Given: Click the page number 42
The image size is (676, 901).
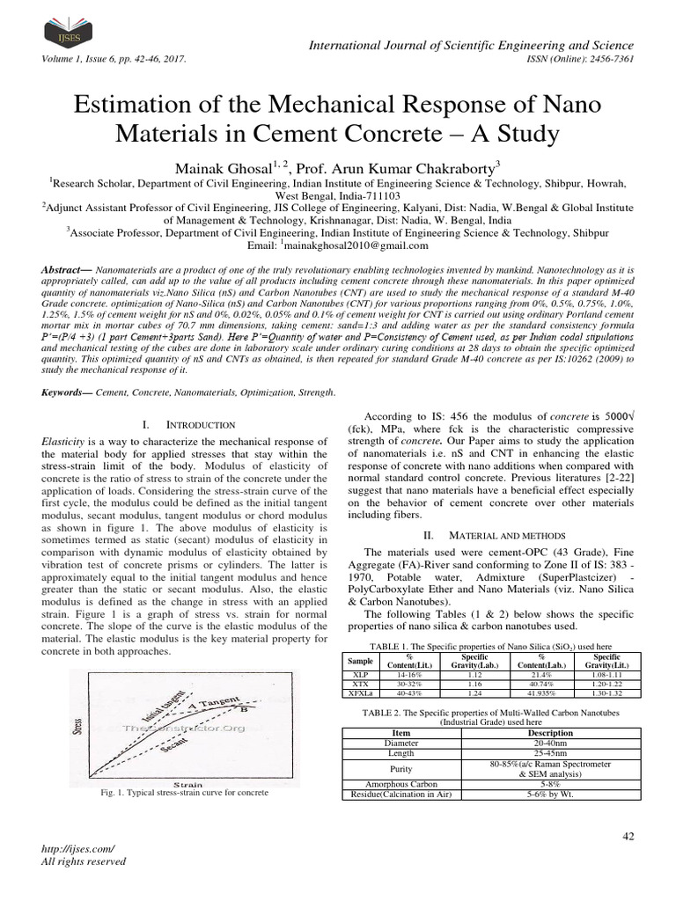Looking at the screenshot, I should coord(628,835).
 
